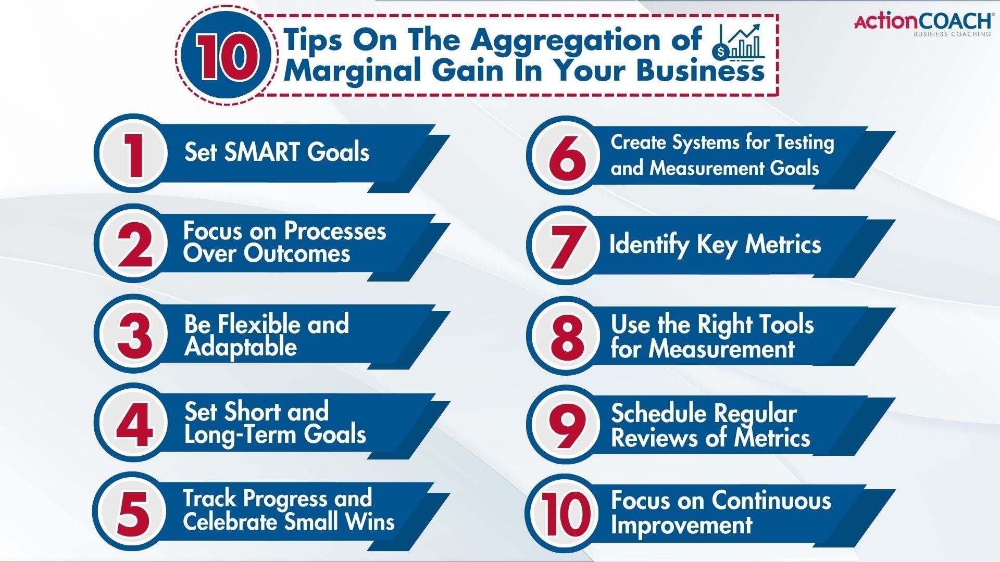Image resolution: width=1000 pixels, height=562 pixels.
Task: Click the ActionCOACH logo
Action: pos(922,24)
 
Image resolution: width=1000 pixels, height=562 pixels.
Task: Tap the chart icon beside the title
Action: pos(740,42)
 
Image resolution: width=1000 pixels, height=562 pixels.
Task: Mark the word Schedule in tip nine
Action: pos(653,414)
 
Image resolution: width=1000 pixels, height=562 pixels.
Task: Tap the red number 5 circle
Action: pos(133,513)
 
